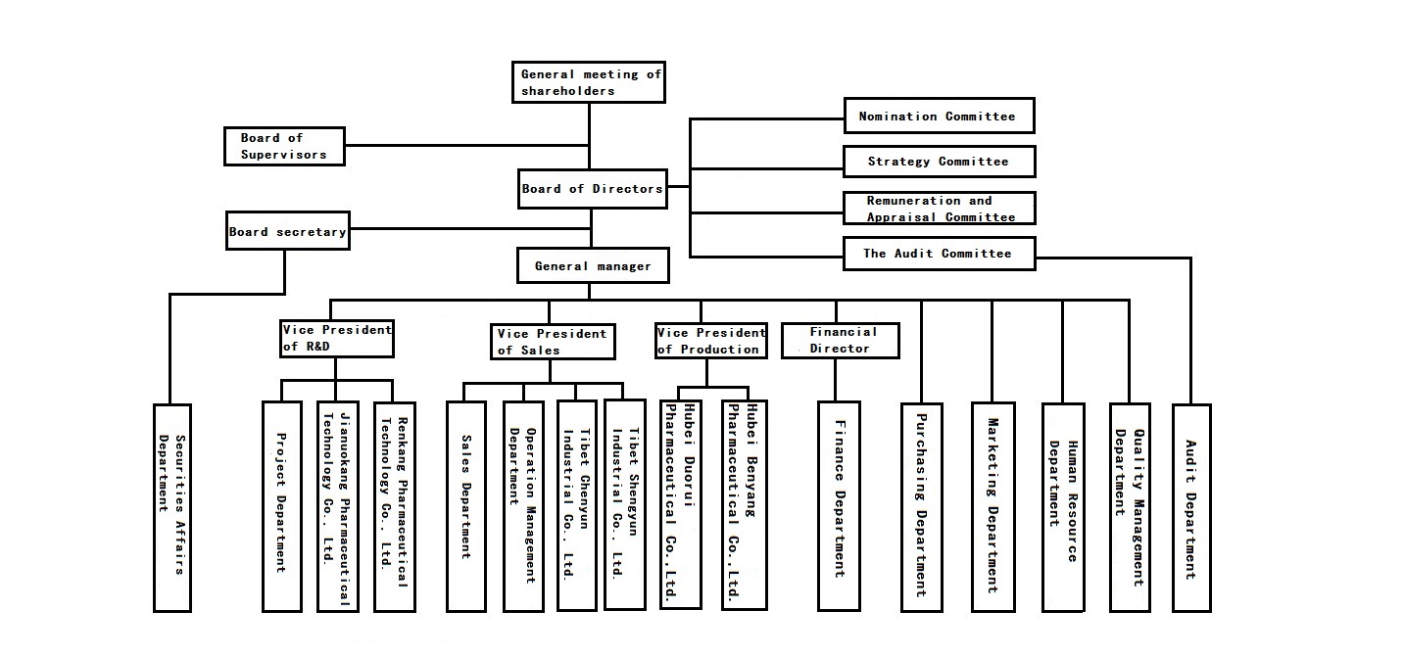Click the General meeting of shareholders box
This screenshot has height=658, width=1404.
point(589,82)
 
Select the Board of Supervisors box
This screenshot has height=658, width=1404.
point(284,147)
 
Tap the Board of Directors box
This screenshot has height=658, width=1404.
point(592,189)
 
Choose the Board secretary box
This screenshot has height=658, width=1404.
point(287,232)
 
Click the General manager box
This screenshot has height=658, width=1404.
point(592,265)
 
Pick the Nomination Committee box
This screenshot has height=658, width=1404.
point(939,116)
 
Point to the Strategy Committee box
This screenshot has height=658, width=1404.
point(939,162)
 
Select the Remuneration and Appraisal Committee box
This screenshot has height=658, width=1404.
point(939,209)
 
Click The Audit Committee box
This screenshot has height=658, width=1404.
point(939,254)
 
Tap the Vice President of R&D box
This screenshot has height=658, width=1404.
point(336,338)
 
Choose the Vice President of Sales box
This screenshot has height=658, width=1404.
point(553,342)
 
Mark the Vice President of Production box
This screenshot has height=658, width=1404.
point(710,341)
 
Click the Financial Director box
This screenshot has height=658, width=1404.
point(840,340)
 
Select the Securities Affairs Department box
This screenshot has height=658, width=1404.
point(172,508)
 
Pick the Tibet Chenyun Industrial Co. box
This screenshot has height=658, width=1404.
point(576,505)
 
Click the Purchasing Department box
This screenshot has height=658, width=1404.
point(921,506)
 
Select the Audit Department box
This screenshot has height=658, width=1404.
point(1190,506)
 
